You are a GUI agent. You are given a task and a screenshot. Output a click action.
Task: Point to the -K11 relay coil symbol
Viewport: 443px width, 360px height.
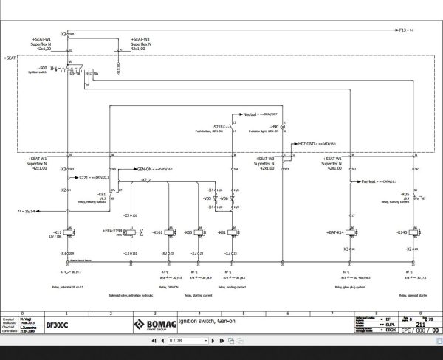pyautogui.click(x=69, y=233)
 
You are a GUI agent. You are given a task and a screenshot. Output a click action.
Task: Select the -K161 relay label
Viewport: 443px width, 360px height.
pyautogui.click(x=157, y=232)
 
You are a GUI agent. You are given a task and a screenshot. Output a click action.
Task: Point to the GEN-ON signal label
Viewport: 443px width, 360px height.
pyautogui.click(x=144, y=168)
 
